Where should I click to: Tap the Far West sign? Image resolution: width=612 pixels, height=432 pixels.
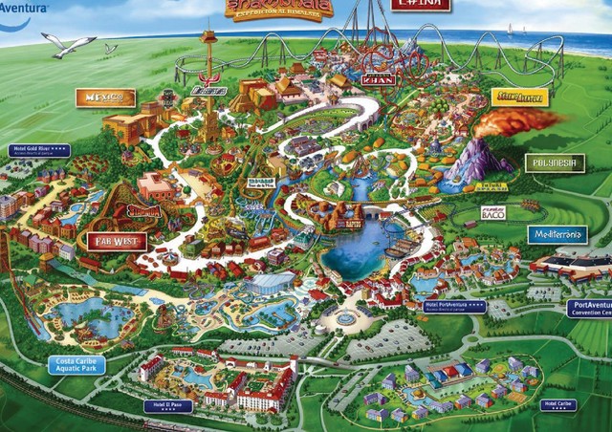coord(114,242)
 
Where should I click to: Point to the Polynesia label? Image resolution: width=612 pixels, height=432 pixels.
coord(555,162)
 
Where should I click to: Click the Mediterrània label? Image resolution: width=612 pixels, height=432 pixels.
coord(557,234)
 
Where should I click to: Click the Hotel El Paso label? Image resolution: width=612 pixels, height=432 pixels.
coord(167,405)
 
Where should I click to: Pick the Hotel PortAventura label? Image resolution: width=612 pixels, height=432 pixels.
coord(453,308)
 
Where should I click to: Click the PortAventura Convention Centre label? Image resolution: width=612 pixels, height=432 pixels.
coord(589,308)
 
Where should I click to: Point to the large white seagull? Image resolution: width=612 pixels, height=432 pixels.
coord(68,44)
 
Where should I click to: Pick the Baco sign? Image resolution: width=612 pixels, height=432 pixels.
coord(492,213)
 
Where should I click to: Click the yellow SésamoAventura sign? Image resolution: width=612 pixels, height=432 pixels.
coord(519,97)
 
